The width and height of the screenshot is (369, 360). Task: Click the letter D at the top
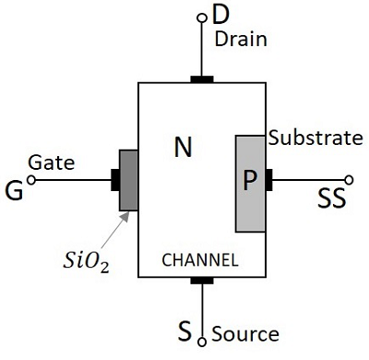(220, 14)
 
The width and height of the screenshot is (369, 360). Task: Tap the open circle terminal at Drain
(202, 18)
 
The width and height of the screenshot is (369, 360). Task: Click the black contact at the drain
(202, 79)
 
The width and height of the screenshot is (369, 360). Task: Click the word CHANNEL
(200, 260)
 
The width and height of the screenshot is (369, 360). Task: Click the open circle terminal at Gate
(32, 180)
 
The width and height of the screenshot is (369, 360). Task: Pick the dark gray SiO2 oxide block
(128, 180)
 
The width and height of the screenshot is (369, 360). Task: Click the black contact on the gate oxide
(115, 180)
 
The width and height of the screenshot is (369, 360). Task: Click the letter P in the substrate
(249, 180)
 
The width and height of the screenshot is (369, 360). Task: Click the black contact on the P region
(269, 180)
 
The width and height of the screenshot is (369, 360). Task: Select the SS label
(332, 198)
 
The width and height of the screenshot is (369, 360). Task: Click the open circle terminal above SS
(348, 180)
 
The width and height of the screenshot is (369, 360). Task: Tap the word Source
(244, 332)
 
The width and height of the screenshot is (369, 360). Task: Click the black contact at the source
(202, 280)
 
